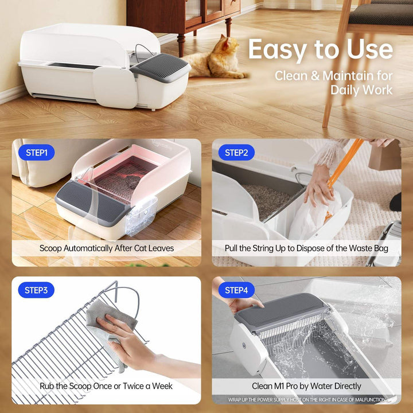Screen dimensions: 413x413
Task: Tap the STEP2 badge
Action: (236, 153)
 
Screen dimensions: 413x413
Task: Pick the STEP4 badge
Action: (236, 290)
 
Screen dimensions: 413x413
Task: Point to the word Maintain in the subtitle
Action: (349, 76)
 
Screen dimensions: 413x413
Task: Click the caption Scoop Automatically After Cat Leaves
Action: (107, 248)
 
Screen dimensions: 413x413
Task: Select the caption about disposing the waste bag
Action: (306, 248)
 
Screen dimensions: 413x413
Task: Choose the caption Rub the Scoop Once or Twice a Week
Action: (107, 386)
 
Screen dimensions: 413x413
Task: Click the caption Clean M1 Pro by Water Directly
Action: (306, 386)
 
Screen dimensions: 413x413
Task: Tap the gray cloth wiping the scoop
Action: (106, 321)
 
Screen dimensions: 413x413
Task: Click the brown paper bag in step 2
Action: (384, 155)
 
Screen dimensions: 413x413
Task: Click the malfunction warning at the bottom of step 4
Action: (306, 399)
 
